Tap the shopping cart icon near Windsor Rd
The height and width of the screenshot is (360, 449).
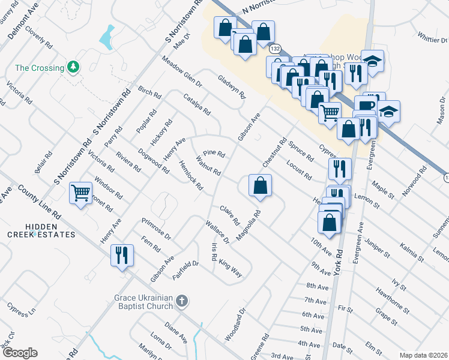click(x=80, y=193)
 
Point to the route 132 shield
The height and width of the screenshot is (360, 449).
click(x=275, y=47)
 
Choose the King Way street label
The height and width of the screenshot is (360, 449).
click(x=230, y=268)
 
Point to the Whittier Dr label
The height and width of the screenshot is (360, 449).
click(x=429, y=39)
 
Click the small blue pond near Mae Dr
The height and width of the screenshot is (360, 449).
click(x=107, y=37)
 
